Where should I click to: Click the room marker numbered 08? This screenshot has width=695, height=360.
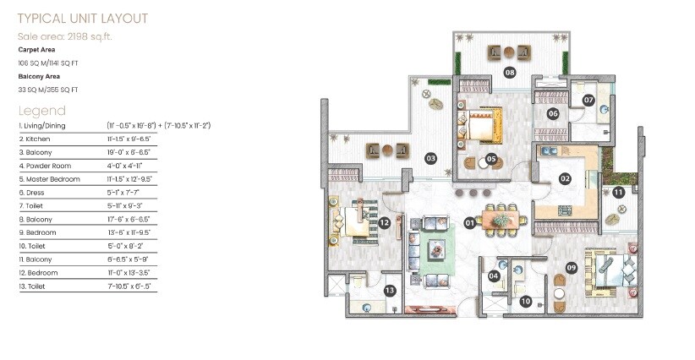pos(510,73)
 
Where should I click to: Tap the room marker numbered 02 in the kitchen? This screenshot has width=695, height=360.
pos(565,178)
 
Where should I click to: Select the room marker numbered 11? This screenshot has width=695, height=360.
pos(619,193)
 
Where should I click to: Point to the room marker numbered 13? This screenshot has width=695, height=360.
pos(390,291)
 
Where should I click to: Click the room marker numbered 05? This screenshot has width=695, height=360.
pos(491,159)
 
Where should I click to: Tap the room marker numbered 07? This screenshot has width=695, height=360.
pos(588,100)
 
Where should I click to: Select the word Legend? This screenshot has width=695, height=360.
pos(41,111)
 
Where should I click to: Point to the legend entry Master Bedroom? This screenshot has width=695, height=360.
pos(49,179)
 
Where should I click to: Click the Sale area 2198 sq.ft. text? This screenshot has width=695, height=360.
pos(65,35)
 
